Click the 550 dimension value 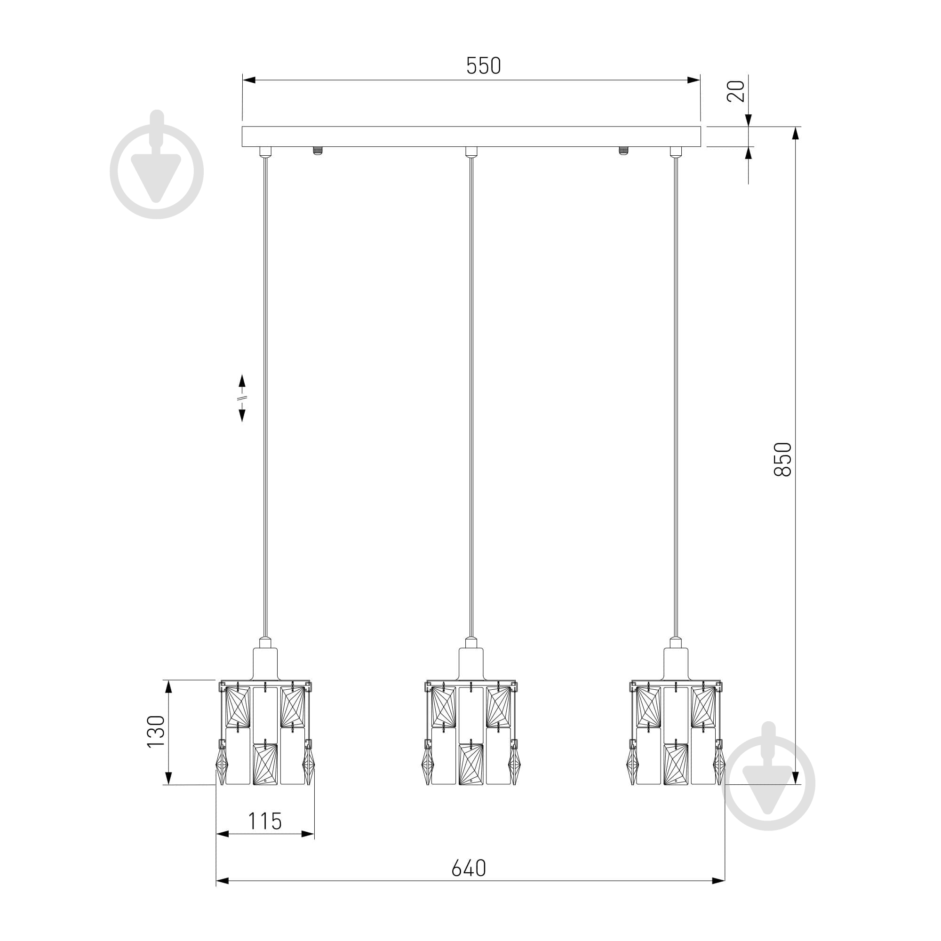[483, 66]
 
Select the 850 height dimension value [783, 459]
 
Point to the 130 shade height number [156, 732]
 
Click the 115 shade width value [265, 821]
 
